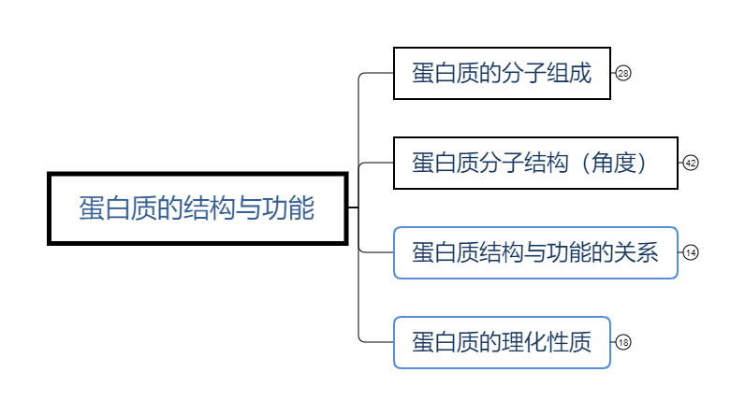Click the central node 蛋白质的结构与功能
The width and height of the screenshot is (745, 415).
click(197, 207)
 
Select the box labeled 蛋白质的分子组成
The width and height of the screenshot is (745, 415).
click(502, 73)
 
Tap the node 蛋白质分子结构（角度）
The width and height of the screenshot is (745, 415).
click(534, 163)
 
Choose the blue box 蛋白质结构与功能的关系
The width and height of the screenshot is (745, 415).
click(534, 252)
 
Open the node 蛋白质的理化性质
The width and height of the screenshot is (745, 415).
click(502, 342)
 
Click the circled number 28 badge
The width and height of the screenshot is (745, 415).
click(623, 73)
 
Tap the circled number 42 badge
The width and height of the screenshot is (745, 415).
click(691, 163)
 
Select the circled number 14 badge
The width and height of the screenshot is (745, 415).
click(691, 252)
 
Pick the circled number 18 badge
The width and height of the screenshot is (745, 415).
click(623, 342)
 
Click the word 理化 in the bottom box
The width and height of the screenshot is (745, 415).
click(524, 342)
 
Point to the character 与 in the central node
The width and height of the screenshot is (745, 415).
click(243, 207)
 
